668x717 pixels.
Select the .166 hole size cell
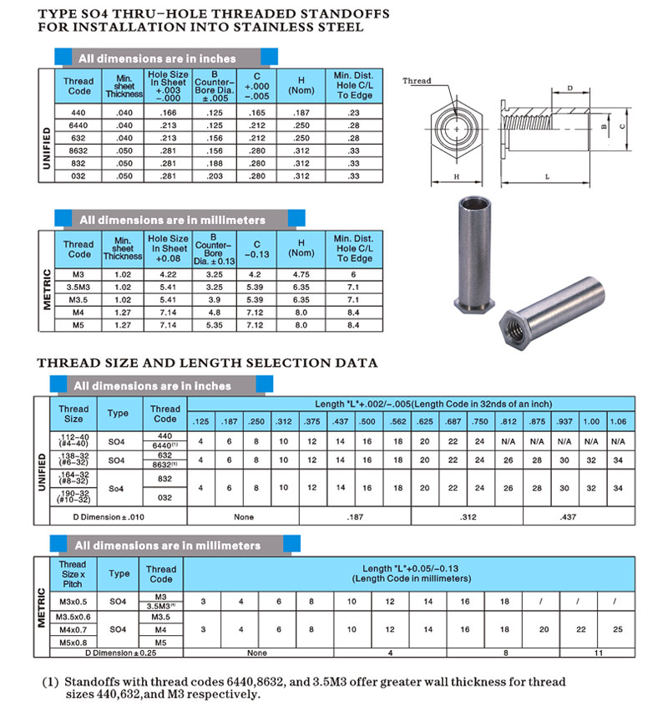168,111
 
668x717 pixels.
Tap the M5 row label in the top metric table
79,324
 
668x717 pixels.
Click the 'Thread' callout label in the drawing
417,81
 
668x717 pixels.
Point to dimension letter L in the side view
545,177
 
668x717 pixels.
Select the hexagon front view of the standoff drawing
457,132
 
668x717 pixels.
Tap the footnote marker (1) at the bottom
50,681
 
